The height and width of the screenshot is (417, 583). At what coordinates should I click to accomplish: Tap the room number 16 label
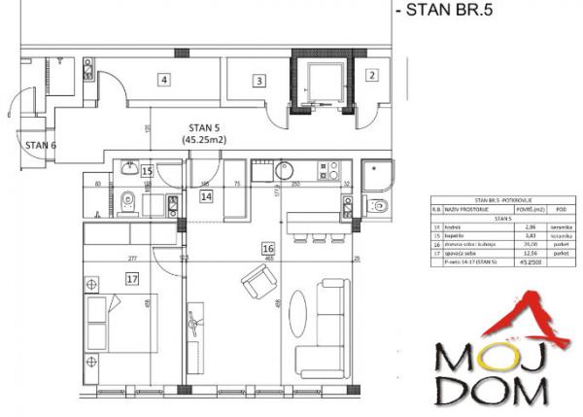pos(267,249)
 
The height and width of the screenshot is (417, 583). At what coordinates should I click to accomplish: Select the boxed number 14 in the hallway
pos(206,195)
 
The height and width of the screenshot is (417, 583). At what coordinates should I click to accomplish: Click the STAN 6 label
pos(41,144)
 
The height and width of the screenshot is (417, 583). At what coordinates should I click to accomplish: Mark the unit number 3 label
pos(258,82)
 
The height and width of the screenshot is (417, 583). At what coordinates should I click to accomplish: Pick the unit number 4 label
pos(165,80)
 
